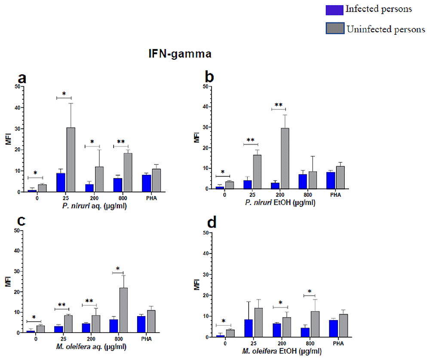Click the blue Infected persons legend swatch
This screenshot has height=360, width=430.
[338, 9]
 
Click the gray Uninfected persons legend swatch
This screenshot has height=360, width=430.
[338, 29]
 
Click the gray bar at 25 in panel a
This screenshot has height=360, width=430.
[71, 159]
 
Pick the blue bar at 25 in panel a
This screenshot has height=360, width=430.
[61, 182]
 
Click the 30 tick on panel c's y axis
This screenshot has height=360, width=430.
[17, 272]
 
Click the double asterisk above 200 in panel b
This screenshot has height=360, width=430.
[279, 104]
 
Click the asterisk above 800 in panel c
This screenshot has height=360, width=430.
[118, 268]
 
